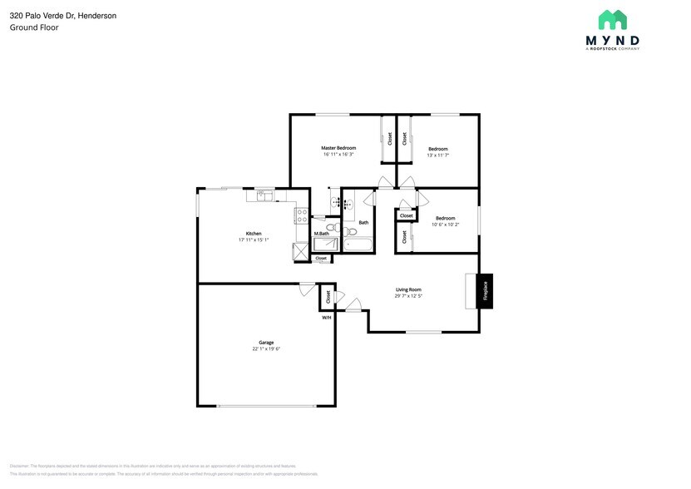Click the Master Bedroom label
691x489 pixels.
click(x=338, y=147)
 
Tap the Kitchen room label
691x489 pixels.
click(x=254, y=233)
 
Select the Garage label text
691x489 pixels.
click(x=266, y=342)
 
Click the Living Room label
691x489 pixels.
click(x=407, y=289)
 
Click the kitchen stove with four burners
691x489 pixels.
click(x=301, y=216)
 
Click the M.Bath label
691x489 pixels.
click(x=321, y=234)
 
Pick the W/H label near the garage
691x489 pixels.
click(x=327, y=317)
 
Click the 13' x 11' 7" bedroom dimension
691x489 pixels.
click(x=437, y=155)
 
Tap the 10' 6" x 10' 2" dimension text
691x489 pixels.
click(x=445, y=225)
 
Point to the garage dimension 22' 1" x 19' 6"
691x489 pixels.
click(x=266, y=348)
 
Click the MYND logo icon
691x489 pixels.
click(x=612, y=20)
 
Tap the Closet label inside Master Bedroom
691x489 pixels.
click(x=389, y=139)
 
